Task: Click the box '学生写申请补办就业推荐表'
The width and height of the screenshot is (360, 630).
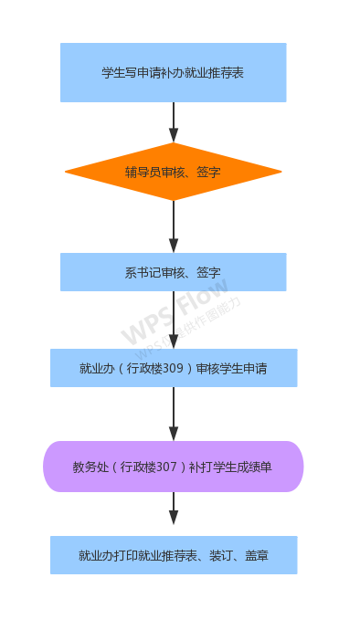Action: [x=174, y=72]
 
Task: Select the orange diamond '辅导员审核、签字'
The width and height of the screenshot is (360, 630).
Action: [x=174, y=172]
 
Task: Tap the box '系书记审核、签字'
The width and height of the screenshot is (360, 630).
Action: [x=174, y=272]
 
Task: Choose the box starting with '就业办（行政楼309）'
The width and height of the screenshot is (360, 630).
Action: [x=174, y=368]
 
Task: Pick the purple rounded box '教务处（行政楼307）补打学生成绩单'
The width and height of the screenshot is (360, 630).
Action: [x=174, y=467]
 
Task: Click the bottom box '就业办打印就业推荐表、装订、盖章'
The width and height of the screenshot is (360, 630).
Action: [x=174, y=555]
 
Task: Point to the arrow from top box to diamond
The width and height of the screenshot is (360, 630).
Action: [x=174, y=122]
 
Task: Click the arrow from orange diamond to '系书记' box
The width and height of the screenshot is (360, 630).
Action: [x=174, y=226]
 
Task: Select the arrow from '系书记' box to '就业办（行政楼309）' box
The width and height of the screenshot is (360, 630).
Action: [x=174, y=320]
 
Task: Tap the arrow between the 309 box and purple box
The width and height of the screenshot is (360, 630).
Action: [x=174, y=414]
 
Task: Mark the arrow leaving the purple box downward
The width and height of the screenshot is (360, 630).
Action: [x=174, y=509]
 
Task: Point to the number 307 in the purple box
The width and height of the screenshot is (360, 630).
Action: [x=165, y=467]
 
